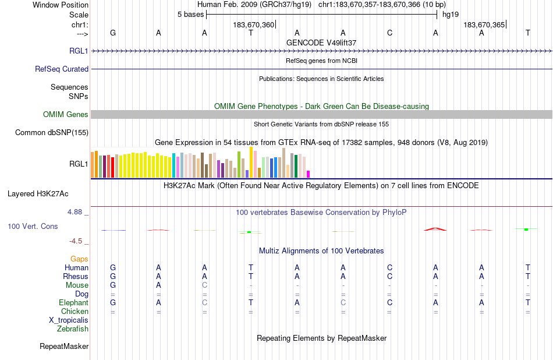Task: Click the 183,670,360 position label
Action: tap(253, 24)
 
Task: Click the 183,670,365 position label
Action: tap(484, 24)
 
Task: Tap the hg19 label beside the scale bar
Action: tap(450, 15)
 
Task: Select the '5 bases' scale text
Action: tap(190, 15)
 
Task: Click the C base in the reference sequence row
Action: tap(389, 33)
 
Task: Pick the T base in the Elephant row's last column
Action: tap(528, 303)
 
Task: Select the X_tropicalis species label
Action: tap(69, 320)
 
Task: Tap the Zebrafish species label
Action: tap(73, 329)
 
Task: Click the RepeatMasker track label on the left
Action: tap(64, 347)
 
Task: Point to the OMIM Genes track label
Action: tap(66, 115)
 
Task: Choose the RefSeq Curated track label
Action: tap(62, 69)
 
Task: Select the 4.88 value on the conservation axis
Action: tap(77, 212)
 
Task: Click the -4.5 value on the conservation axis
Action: tap(78, 241)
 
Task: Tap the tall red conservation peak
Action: tap(435, 229)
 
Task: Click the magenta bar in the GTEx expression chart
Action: tap(308, 174)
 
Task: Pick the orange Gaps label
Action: tap(79, 259)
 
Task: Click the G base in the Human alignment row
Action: tap(113, 267)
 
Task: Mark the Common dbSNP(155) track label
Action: tap(52, 133)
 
